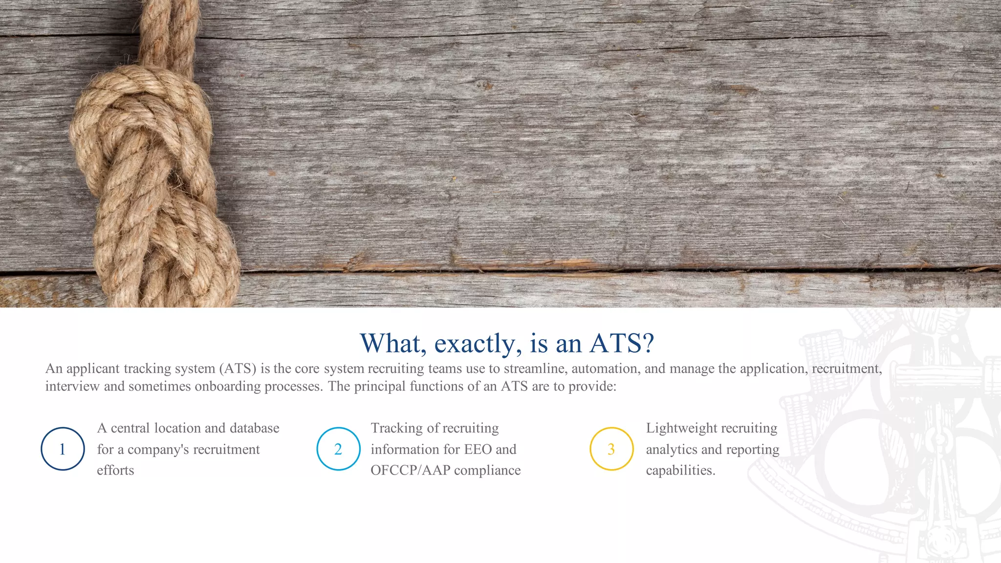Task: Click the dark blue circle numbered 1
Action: point(63,449)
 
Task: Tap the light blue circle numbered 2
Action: point(338,449)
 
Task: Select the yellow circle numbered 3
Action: point(611,449)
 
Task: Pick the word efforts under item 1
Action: point(115,470)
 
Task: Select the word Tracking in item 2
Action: point(396,428)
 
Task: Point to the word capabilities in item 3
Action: point(680,470)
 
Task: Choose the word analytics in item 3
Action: point(670,449)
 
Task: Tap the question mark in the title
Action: point(649,343)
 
